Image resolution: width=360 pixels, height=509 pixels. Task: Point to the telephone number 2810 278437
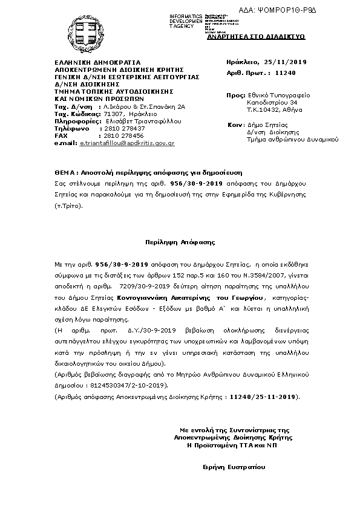pos(125,128)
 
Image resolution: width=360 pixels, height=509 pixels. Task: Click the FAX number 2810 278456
pos(125,135)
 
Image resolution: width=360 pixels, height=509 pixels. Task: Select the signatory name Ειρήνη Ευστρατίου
pos(234,467)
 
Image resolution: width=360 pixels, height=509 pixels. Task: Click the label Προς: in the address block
pos(235,96)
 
